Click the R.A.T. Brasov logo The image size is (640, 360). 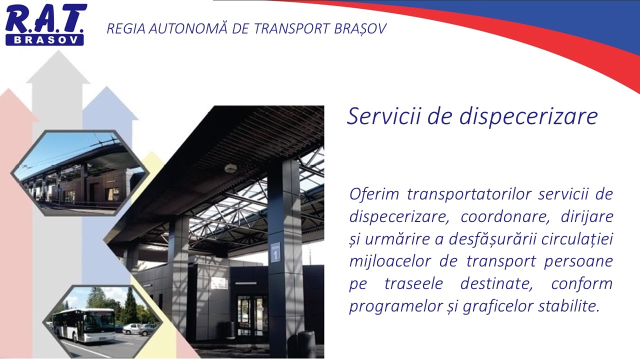(45, 24)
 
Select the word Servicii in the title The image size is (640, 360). (383, 116)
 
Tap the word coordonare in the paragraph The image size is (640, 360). (506, 217)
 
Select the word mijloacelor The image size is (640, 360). (389, 261)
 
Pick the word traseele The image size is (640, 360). (413, 283)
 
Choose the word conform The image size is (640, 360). (581, 283)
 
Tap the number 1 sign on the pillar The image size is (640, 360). (275, 252)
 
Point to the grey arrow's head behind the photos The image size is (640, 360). (58, 67)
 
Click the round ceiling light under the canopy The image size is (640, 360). (230, 168)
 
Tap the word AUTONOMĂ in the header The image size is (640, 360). (188, 28)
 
